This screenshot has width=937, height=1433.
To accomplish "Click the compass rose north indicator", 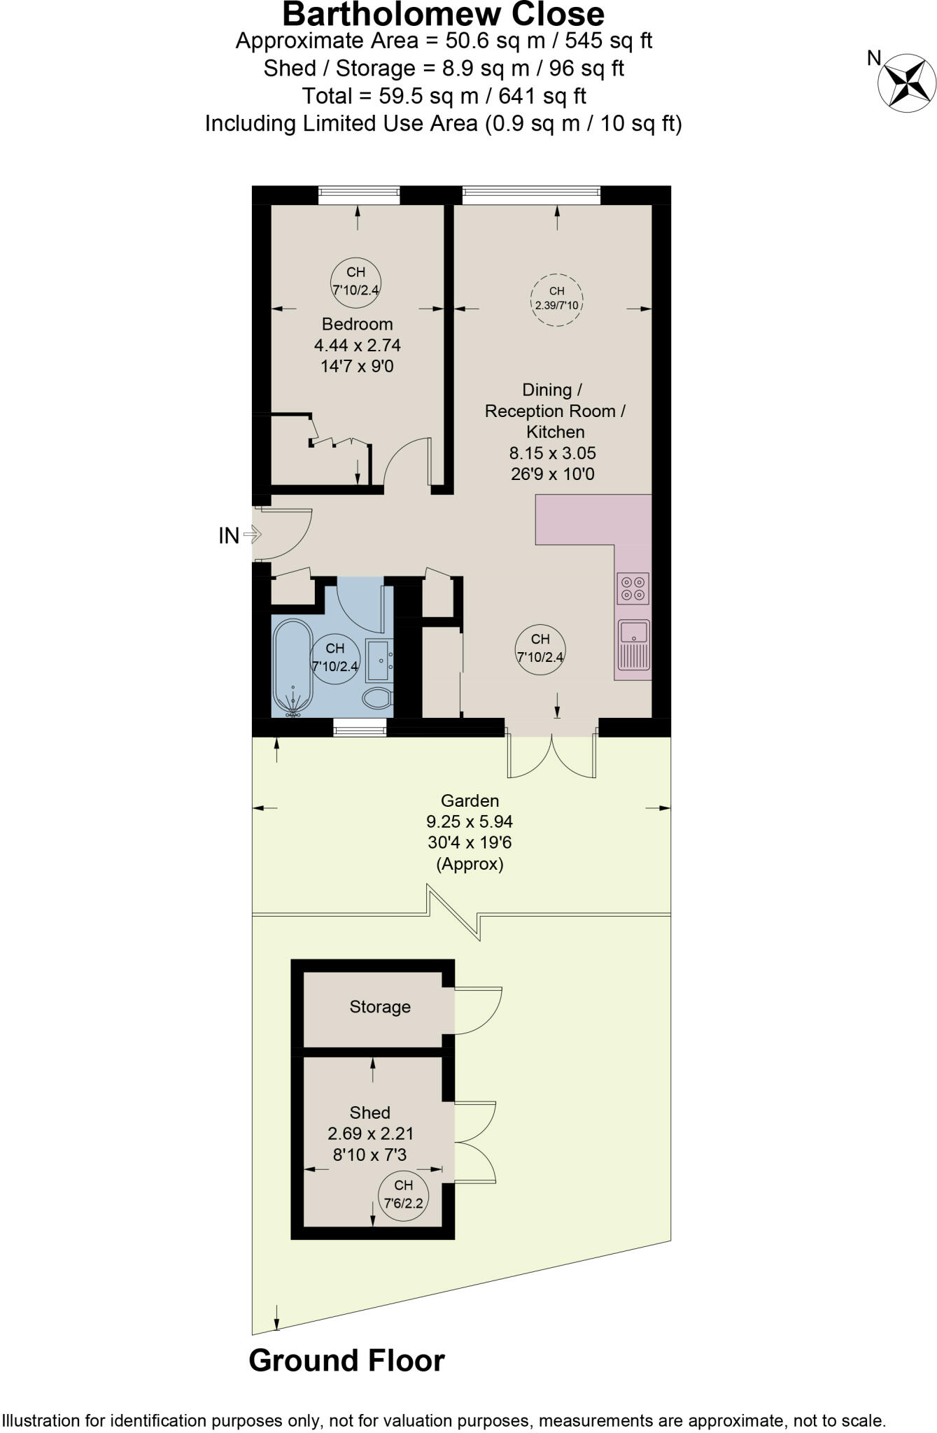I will [906, 83].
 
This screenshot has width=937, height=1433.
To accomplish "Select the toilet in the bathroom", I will [378, 697].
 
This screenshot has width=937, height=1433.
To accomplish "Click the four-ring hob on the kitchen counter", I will [633, 588].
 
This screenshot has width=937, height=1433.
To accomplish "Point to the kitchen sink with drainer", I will [633, 644].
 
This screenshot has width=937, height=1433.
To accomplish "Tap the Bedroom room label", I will [357, 324].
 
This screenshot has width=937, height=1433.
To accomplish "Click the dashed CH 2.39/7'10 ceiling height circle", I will [556, 299].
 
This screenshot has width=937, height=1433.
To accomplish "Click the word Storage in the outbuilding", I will [380, 1007].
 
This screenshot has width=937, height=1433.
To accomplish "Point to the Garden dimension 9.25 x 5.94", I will [470, 821].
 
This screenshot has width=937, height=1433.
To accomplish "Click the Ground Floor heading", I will [346, 1360].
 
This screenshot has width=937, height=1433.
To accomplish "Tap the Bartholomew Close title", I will [443, 15].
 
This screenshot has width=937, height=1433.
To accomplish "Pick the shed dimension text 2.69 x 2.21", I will [371, 1133].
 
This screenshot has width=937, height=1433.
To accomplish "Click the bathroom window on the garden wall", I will [360, 730].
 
